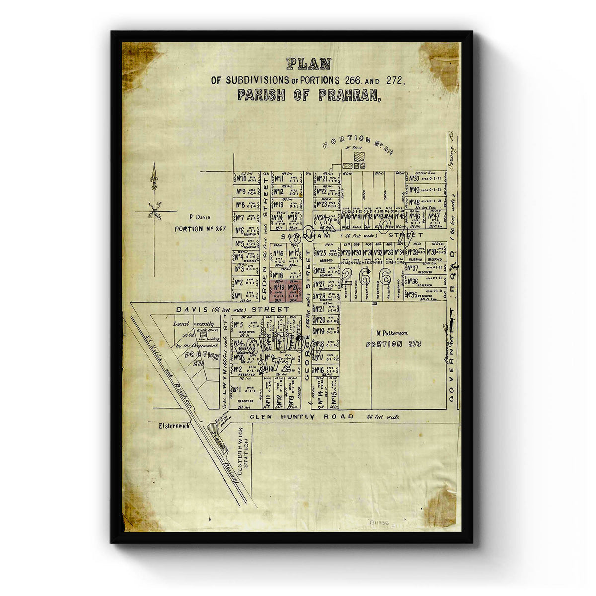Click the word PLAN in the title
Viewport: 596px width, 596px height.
point(308,64)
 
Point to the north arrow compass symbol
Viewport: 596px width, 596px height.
point(154,199)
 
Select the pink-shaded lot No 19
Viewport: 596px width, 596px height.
point(278,291)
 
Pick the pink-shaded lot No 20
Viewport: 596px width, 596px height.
point(293,291)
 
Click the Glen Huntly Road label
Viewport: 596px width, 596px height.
point(301,417)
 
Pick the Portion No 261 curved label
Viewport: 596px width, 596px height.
point(357,144)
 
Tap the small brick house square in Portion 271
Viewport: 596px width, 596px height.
point(203,336)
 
